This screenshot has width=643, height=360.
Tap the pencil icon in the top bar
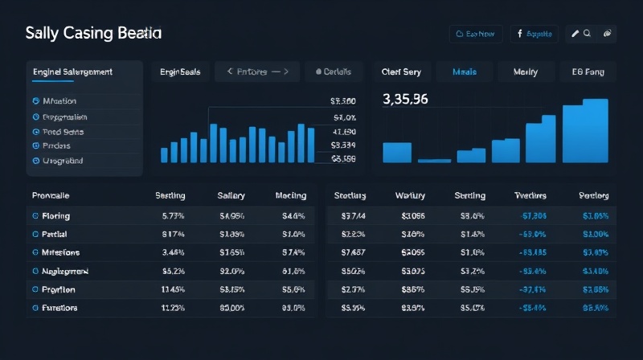575,34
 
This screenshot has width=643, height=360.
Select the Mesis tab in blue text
464,72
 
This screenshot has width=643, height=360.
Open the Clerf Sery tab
401,72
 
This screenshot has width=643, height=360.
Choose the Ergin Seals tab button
182,72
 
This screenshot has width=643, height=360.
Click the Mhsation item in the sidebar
54,101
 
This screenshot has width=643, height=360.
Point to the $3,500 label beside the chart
343,101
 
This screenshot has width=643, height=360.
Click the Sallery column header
231,195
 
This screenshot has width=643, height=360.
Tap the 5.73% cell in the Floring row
174,216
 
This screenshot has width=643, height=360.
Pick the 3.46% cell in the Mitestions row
174,252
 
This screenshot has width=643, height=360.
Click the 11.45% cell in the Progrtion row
174,289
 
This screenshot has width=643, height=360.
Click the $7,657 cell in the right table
354,252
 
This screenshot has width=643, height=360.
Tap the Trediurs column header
530,195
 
